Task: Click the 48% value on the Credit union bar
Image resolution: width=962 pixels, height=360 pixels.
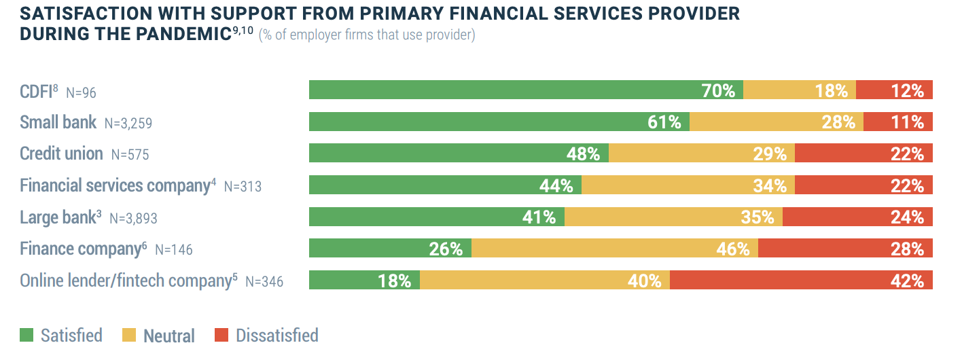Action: coord(583,154)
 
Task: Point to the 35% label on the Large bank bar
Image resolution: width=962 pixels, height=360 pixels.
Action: coord(757,217)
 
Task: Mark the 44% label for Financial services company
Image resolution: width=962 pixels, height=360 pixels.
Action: coord(556,185)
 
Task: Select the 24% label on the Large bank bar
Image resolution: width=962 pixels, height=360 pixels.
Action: coord(907,217)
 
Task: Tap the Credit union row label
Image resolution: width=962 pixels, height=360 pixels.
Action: coord(61,154)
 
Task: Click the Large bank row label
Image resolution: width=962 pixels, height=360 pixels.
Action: coord(57,217)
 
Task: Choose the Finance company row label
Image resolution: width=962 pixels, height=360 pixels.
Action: coord(79,249)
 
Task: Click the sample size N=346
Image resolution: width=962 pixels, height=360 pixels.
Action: coord(264,281)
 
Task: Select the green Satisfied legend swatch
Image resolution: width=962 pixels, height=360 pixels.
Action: coord(26,335)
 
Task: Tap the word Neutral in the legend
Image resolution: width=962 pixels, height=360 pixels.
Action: coord(168,336)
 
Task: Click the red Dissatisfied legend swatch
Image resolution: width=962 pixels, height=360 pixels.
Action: coord(221,335)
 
